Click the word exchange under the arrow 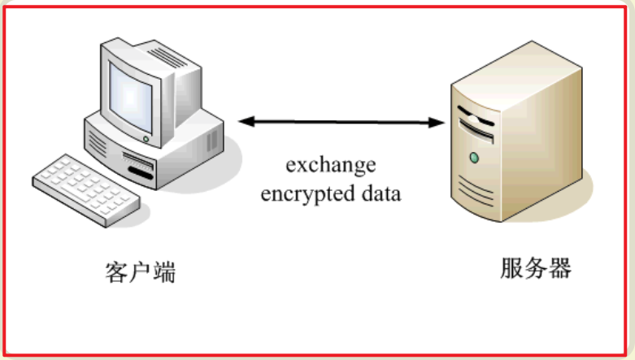click(330, 166)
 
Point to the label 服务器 click(536, 269)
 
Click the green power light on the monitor click(146, 139)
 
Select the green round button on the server click(472, 156)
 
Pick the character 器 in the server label click(560, 269)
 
